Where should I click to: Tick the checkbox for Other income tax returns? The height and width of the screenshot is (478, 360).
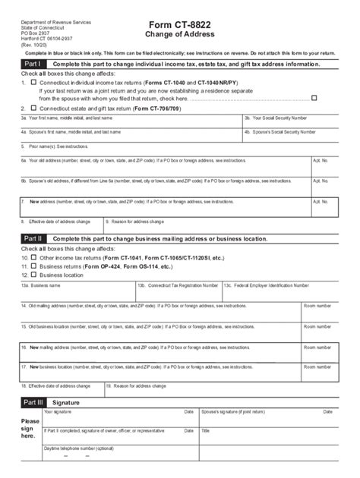[33, 258]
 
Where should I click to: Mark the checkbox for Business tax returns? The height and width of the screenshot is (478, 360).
[33, 266]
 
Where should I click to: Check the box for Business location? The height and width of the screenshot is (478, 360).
[33, 275]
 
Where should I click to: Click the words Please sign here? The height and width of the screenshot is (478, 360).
[30, 429]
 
